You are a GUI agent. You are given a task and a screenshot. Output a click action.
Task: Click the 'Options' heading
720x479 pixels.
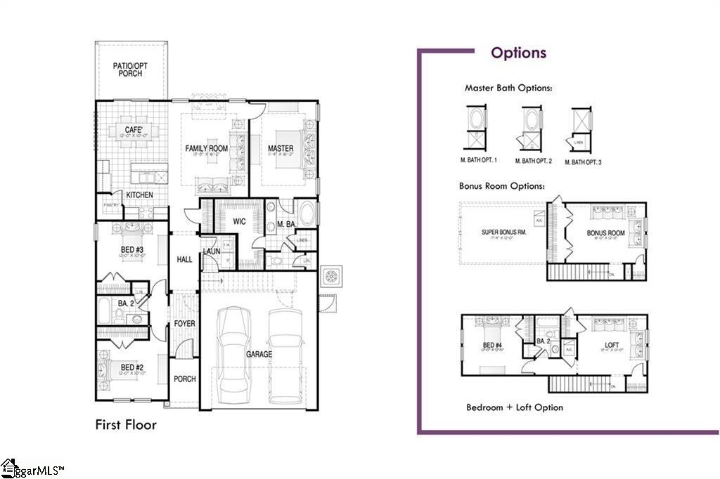(518, 53)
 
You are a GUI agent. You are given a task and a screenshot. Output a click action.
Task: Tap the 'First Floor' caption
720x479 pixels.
(126, 425)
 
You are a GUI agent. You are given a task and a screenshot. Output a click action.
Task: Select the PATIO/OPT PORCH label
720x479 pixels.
(131, 70)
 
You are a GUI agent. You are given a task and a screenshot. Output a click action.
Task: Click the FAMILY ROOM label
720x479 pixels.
(207, 148)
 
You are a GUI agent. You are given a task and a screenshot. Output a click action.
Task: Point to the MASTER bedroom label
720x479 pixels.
(281, 148)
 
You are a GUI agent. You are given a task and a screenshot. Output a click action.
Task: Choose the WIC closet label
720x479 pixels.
(238, 221)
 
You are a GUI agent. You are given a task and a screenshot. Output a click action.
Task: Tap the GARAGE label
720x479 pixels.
(259, 355)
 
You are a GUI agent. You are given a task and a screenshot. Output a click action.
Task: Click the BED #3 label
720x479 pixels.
(131, 250)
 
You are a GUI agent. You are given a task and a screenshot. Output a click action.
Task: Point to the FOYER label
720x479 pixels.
(185, 324)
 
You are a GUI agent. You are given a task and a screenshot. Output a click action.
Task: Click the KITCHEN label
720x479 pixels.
(139, 195)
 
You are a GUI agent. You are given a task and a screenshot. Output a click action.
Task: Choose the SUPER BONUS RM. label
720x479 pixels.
(503, 232)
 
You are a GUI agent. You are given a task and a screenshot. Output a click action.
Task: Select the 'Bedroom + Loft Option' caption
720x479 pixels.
(514, 407)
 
